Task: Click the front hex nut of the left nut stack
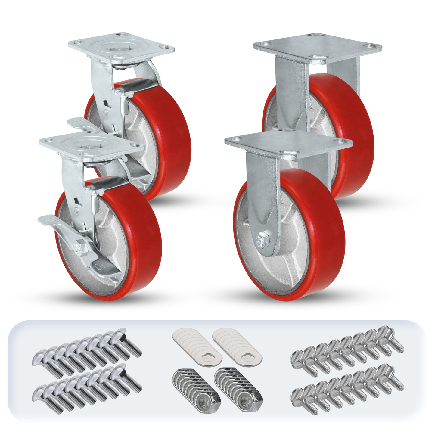pos(208,400)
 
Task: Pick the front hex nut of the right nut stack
pos(249,400)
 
